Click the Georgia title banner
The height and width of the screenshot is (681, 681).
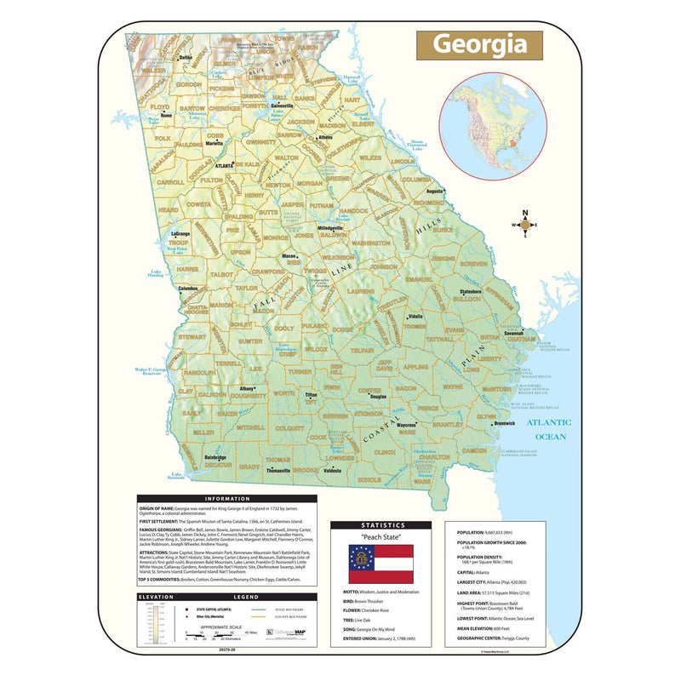point(478,44)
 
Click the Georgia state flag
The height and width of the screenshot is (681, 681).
point(381,564)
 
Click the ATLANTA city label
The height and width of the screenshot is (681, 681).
point(224,166)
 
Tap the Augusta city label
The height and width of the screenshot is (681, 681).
point(435,192)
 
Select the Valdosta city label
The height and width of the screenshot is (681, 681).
point(332,470)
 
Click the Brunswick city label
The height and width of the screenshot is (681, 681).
point(505,423)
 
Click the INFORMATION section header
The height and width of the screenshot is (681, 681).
point(226,499)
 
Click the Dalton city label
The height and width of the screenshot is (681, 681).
point(186,57)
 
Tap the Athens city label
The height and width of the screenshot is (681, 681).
point(325,136)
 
